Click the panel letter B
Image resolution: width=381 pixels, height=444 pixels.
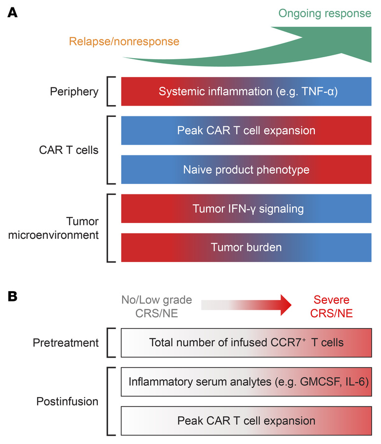point(13,296)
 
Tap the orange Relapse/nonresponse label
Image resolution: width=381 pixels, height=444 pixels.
point(124,41)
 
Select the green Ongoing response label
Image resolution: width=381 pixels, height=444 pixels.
point(324,13)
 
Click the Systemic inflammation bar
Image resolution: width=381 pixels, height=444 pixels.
point(246,91)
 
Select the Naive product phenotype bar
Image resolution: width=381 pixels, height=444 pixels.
point(246,170)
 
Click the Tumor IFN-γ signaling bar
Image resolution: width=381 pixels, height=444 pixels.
point(246,209)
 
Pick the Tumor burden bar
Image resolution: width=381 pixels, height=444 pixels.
point(246,247)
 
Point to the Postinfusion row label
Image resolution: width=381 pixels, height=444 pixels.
point(67,401)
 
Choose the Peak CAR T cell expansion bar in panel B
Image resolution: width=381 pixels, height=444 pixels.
point(246,420)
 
